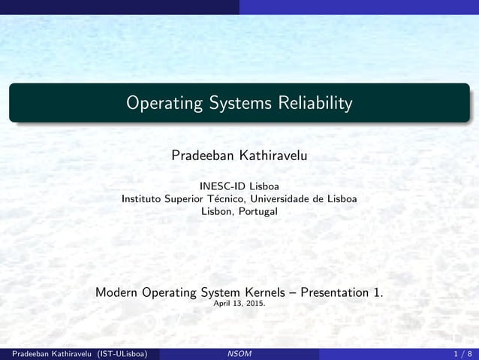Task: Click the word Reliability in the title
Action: [x=314, y=103]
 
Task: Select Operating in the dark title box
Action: [x=163, y=103]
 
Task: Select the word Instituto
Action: [x=143, y=198]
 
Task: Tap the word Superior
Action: [x=187, y=198]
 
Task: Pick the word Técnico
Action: [x=227, y=198]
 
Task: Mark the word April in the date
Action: [x=223, y=304]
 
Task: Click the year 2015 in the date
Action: [x=255, y=304]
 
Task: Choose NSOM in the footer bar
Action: [x=239, y=353]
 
